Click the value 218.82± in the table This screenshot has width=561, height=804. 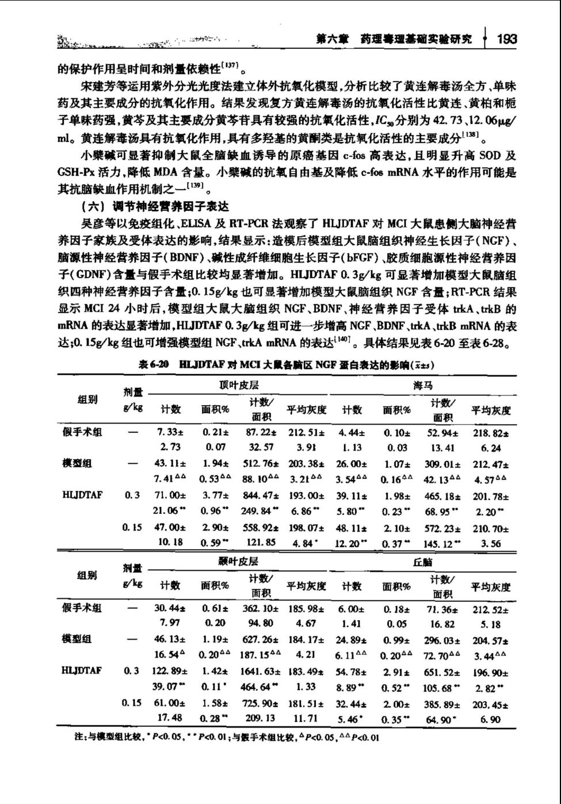(490, 432)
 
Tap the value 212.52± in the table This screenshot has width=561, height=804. (490, 607)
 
